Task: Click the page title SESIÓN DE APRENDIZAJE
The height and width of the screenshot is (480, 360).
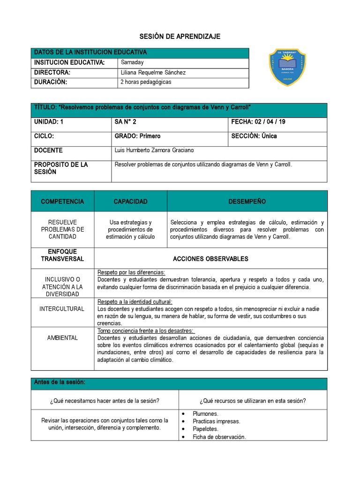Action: [x=180, y=37]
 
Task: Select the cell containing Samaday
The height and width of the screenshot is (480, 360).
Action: [x=133, y=62]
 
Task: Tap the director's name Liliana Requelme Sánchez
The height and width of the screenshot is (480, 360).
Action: [x=153, y=72]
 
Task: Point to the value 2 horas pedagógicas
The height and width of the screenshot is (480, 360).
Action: [x=146, y=82]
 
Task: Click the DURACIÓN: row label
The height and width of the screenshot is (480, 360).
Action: [x=51, y=82]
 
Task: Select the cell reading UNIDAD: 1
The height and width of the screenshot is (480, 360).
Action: [x=48, y=122]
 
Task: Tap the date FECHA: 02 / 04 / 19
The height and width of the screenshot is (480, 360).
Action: [x=258, y=122]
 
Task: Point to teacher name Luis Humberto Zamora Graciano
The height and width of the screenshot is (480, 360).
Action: [x=154, y=150]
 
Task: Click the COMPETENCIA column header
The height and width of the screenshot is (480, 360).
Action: [x=62, y=202]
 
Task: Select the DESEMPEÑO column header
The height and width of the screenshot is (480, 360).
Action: [x=247, y=202]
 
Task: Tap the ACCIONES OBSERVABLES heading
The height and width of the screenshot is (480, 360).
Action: [x=210, y=259]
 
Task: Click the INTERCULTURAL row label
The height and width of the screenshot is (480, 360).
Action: [x=62, y=309]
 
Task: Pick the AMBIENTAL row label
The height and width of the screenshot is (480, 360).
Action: [x=62, y=337]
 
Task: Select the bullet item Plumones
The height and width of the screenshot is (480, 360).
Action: [x=205, y=414]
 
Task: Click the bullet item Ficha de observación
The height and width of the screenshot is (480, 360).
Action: [x=219, y=437]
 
